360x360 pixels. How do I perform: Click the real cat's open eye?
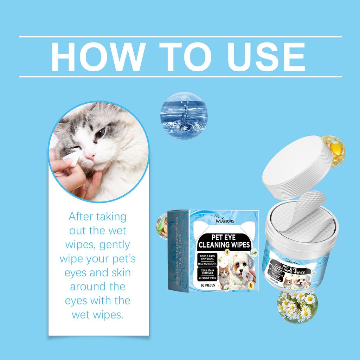[x=101, y=133]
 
